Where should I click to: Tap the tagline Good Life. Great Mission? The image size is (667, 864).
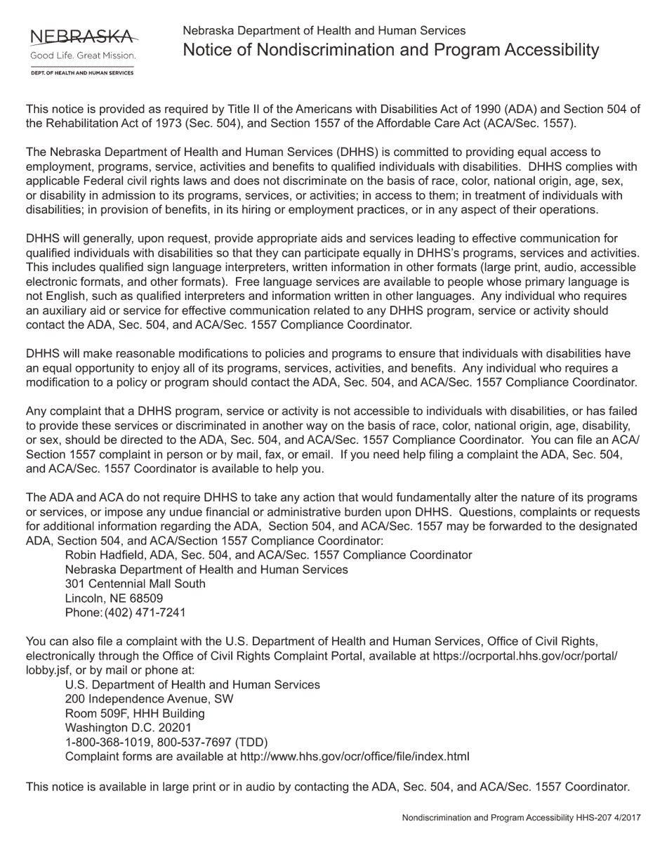[82, 55]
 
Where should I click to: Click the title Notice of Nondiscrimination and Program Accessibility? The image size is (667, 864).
[391, 50]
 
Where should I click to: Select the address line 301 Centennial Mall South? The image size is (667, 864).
[136, 584]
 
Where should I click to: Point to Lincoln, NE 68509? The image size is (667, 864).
[114, 598]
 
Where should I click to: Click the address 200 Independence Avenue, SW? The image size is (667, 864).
[150, 699]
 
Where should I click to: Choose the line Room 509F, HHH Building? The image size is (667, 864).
[135, 714]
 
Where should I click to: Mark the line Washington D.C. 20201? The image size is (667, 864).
[128, 728]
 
